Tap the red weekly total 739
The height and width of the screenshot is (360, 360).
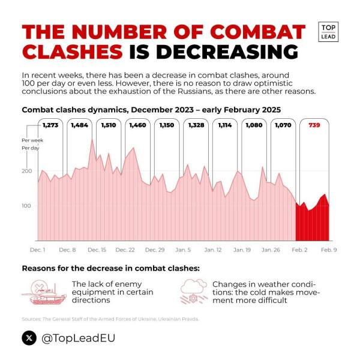pyautogui.click(x=314, y=125)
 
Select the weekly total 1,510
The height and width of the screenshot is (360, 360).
pyautogui.click(x=109, y=125)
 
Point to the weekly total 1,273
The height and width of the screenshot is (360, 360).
pyautogui.click(x=50, y=125)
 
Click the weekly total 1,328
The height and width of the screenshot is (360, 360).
pyautogui.click(x=197, y=125)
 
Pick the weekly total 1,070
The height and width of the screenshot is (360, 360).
pyautogui.click(x=283, y=125)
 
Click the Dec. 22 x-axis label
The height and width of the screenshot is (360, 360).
pyautogui.click(x=125, y=249)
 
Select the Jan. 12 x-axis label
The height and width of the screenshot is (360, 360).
pyautogui.click(x=213, y=249)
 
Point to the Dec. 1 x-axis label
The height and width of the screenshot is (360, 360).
pyautogui.click(x=38, y=249)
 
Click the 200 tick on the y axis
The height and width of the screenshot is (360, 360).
pyautogui.click(x=26, y=172)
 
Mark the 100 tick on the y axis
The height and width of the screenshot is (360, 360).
pyautogui.click(x=26, y=206)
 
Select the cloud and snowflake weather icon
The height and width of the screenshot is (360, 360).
pyautogui.click(x=194, y=290)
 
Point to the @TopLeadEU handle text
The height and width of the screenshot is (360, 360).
pyautogui.click(x=77, y=338)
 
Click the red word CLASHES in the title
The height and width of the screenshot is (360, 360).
pyautogui.click(x=71, y=51)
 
